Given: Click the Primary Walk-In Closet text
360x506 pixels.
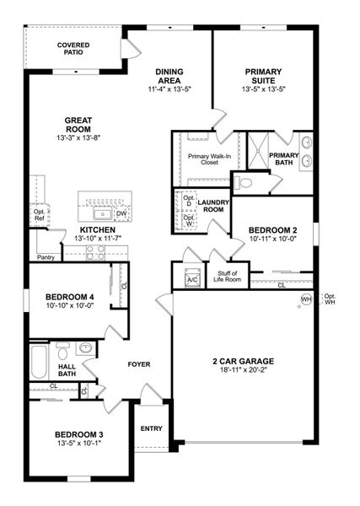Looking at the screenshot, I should coord(202,159).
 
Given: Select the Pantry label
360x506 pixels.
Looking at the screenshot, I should coord(46,256).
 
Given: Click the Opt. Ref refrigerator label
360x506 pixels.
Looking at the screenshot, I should coord(40,214).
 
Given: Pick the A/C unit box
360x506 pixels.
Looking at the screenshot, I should coord(191,279).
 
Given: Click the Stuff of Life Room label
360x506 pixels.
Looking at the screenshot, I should coord(228,275).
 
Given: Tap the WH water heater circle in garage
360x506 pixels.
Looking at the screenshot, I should coord(306,299).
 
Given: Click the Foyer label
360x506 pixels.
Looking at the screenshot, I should coord(138,365).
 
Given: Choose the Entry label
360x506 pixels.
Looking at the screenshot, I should coord(151,428).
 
